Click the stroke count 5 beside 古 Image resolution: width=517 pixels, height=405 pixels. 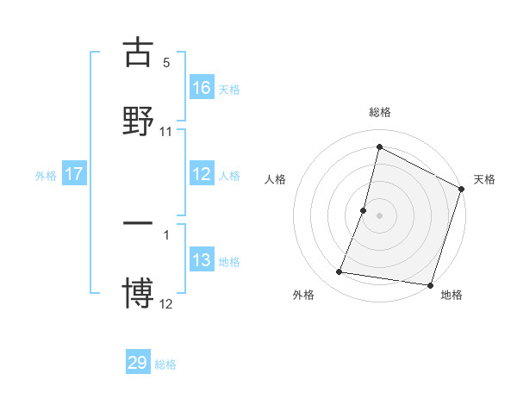click(166, 63)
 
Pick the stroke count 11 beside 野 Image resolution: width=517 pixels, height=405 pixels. click(166, 132)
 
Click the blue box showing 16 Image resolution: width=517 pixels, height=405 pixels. click(202, 87)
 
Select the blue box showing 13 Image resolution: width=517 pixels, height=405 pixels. click(202, 260)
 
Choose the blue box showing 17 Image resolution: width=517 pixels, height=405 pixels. click(74, 174)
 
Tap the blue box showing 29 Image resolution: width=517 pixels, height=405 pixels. click(138, 363)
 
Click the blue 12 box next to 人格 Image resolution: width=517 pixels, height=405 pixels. click(202, 174)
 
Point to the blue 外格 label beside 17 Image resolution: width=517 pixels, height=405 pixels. click(46, 175)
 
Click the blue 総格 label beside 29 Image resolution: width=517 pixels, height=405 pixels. click(165, 364)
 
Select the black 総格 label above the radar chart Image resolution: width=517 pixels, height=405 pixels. click(379, 112)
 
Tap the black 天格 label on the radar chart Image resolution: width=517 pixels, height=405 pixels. click(485, 179)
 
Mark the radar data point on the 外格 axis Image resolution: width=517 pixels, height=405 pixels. click(339, 272)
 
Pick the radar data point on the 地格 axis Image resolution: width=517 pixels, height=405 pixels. click(430, 285)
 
